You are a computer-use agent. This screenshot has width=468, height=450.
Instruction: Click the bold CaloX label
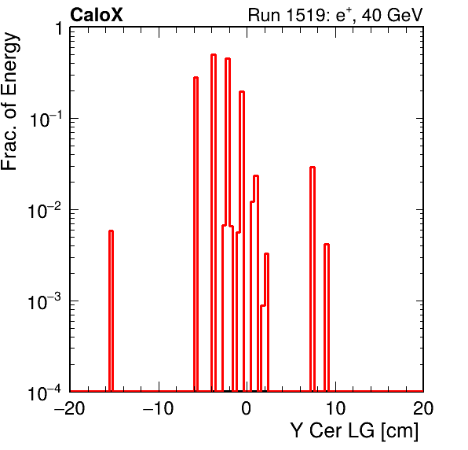click(97, 15)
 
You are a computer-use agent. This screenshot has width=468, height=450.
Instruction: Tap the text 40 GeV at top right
click(392, 16)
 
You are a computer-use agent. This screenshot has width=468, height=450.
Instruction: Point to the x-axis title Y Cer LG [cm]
click(354, 431)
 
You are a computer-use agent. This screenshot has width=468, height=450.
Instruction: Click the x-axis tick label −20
click(69, 408)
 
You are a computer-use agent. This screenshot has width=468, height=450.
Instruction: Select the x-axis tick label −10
click(158, 408)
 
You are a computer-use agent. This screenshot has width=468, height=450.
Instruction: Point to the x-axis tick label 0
click(247, 408)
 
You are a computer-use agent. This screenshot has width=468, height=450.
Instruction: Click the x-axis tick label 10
click(335, 408)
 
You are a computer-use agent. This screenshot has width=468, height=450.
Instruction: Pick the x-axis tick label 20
click(423, 408)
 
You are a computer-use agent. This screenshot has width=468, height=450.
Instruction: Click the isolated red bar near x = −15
click(111, 311)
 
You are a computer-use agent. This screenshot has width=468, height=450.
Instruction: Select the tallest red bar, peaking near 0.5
click(214, 223)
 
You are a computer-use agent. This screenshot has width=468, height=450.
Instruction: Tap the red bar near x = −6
click(196, 234)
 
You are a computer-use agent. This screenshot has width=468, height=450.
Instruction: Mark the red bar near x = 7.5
click(313, 279)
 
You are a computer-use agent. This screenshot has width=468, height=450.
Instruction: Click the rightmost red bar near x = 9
click(327, 318)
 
